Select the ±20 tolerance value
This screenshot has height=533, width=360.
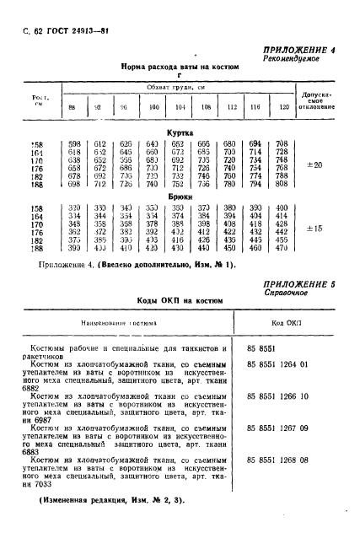(x=316, y=164)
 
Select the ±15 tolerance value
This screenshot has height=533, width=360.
(x=316, y=228)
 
